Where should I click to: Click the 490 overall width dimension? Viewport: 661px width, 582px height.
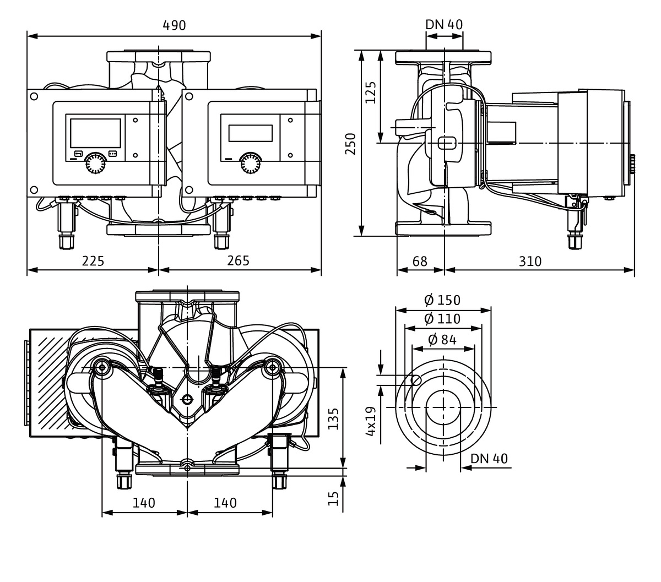tap(174, 25)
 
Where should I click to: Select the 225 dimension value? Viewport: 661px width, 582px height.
tap(93, 260)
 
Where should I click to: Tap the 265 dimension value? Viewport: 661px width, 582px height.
tap(238, 260)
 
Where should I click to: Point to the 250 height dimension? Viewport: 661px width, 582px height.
tap(351, 144)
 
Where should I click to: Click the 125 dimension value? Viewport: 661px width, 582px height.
tap(371, 93)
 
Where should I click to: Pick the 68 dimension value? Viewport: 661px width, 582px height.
tap(420, 260)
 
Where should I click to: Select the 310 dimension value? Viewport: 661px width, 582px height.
tap(530, 260)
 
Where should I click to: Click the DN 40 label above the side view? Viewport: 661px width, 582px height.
tap(444, 25)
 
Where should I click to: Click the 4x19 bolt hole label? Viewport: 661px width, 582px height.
tap(371, 421)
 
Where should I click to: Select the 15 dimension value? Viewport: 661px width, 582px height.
tap(333, 499)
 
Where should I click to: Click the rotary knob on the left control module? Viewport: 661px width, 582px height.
tap(96, 164)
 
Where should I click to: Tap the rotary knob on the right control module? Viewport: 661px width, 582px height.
tap(251, 164)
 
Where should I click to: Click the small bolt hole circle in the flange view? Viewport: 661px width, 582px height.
tap(417, 379)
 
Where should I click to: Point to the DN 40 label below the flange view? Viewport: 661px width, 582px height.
tap(489, 459)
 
